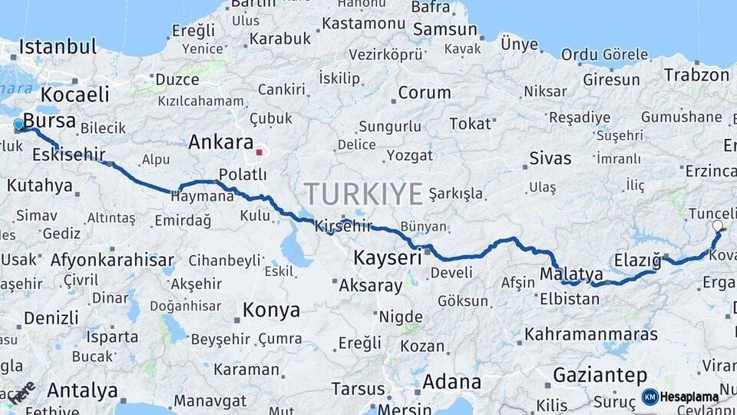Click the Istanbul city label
(x=58, y=46)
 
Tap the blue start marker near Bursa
(x=18, y=124)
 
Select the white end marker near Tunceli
(x=717, y=226)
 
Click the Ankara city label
(x=221, y=142)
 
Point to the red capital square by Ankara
(x=259, y=152)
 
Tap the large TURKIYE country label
(x=363, y=194)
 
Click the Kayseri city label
(x=388, y=257)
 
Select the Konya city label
(x=271, y=310)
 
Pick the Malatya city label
(x=571, y=274)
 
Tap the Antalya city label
(x=82, y=390)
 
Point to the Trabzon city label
(x=696, y=75)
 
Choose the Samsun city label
(x=445, y=29)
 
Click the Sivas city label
(x=550, y=158)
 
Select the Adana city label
(x=452, y=381)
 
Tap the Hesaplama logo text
(x=689, y=397)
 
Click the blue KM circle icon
(x=649, y=397)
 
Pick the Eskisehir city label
(x=68, y=154)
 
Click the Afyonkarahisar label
(x=112, y=260)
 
